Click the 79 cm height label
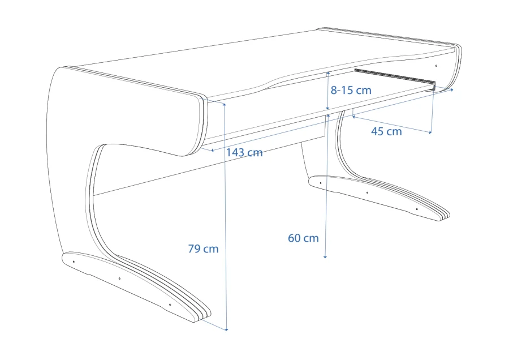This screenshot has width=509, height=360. tap(203, 249)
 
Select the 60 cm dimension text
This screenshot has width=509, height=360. tap(303, 238)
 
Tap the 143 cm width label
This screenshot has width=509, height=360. tap(244, 152)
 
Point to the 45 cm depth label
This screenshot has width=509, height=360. tap(386, 131)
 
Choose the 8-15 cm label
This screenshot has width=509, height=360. tap(351, 90)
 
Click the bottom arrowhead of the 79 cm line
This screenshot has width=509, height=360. tap(227, 329)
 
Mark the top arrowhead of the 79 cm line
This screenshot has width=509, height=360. tap(224, 104)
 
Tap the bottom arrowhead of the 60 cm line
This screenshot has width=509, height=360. tap(325, 256)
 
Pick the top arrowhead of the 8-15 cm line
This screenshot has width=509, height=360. tap(328, 74)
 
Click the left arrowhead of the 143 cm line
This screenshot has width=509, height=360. tap(212, 150)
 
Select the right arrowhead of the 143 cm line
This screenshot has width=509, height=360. tap(451, 89)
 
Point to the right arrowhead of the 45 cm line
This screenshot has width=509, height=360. tap(430, 132)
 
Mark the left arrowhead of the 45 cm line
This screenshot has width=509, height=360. tap(353, 116)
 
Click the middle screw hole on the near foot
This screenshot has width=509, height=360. tap(119, 278)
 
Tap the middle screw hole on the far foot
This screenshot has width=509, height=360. tap(367, 192)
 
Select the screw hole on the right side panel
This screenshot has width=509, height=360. tap(436, 66)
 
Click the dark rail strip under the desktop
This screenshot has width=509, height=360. tap(395, 79)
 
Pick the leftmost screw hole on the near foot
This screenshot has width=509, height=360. tap(74, 262)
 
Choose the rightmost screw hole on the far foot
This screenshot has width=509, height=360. tap(417, 209)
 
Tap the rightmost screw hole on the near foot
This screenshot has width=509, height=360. tap(170, 305)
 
